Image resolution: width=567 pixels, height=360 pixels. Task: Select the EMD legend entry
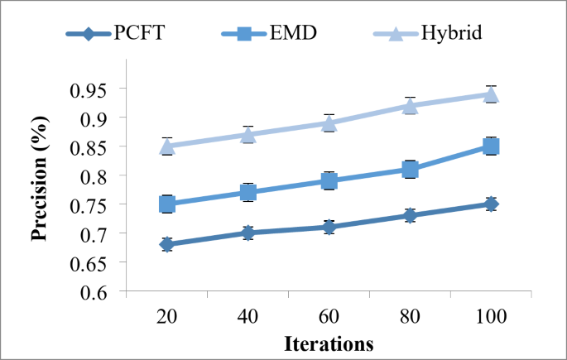272,34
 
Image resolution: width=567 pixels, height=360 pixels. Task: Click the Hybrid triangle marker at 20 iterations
167,146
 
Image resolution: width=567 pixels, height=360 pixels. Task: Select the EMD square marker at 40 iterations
248,192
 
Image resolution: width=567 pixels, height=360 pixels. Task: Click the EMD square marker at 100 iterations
491,146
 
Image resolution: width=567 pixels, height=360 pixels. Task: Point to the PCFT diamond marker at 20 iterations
167,244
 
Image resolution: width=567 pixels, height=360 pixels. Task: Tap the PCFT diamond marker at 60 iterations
329,227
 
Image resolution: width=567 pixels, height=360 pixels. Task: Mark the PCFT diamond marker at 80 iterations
410,215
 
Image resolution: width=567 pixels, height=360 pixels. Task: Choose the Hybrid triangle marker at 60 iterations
329,123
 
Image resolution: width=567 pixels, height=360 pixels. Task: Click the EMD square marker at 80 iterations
410,170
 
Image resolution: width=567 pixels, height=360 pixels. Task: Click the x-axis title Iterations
329,343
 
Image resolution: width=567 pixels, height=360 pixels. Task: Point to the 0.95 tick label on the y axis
98,89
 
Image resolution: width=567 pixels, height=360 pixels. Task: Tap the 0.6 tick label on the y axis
103,292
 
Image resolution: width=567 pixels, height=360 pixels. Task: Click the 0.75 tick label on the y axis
98,205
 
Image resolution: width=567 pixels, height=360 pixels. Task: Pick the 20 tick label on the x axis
167,318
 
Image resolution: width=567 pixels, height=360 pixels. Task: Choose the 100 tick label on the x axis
491,318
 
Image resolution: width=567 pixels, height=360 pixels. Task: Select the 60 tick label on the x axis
329,318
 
